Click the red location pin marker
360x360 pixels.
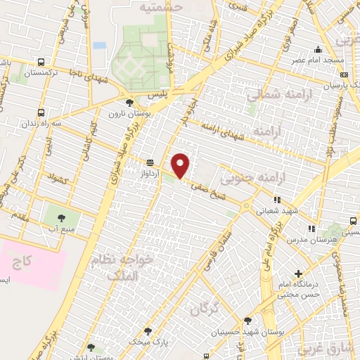181,166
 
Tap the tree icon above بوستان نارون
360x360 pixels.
129,103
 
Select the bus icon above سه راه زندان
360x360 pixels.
39,112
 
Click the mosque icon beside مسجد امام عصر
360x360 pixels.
319,49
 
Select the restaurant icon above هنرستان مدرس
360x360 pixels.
311,229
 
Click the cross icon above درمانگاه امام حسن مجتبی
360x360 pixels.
299,273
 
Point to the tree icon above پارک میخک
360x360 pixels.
147,330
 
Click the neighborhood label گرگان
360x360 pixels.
205,307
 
